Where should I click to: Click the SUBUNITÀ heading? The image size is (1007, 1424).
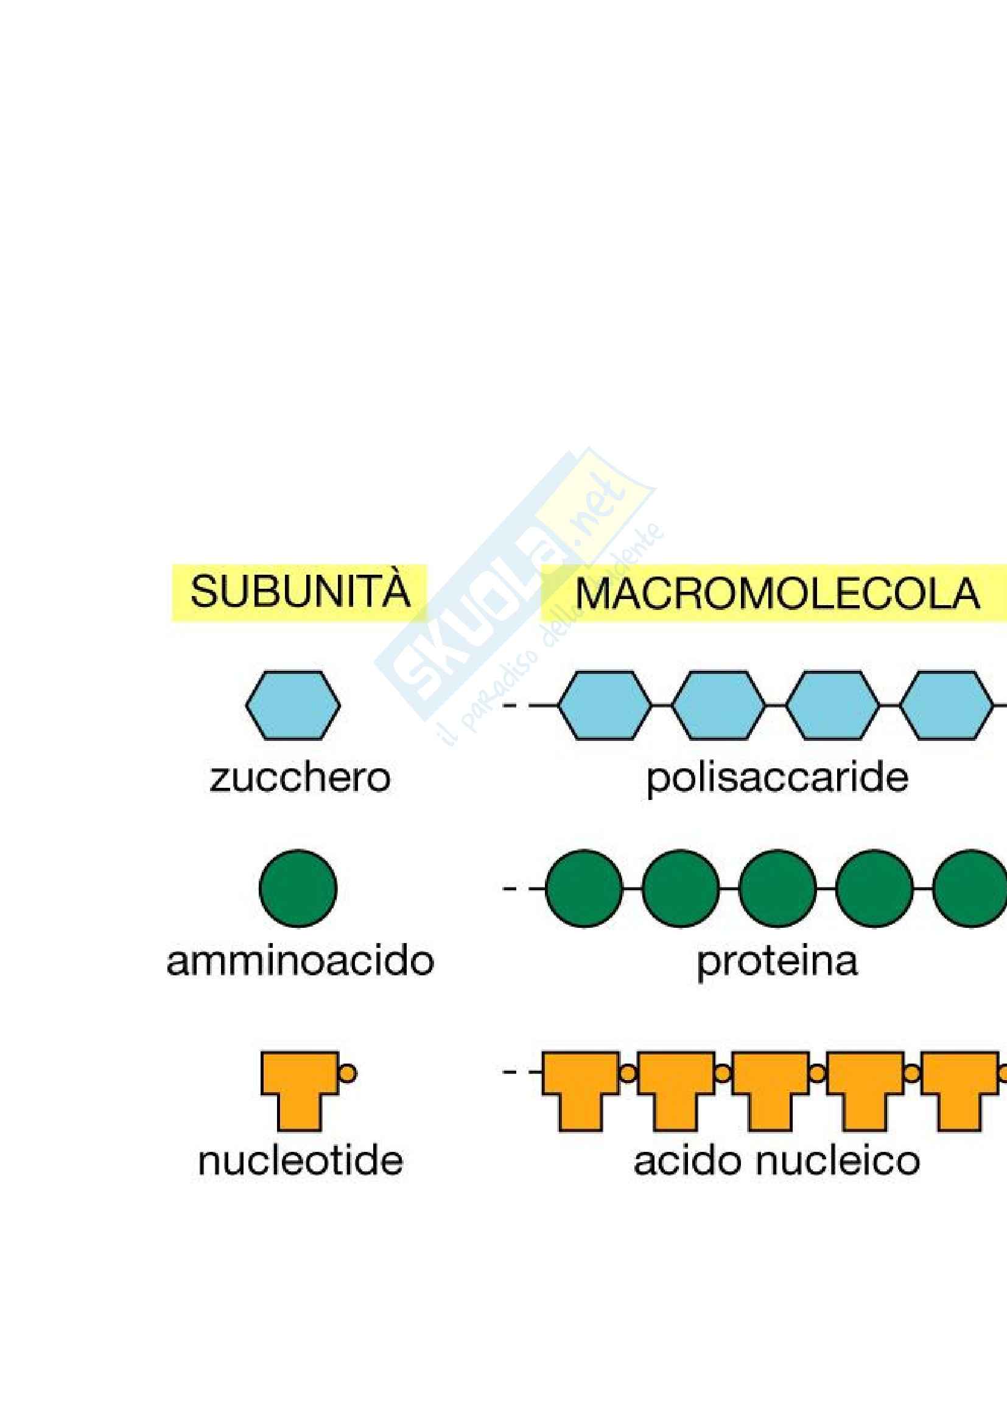300,592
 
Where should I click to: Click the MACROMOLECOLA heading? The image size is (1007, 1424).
777,594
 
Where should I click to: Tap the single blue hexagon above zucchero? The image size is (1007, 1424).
293,705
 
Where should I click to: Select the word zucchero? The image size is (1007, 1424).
300,777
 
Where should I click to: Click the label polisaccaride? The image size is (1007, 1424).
777,777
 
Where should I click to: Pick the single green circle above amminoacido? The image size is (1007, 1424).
298,889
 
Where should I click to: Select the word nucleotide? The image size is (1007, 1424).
300,1160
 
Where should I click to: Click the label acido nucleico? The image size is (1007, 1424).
776,1160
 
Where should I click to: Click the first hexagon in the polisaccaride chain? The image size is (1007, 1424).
605,705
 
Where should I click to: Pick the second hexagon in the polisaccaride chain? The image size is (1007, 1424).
718,705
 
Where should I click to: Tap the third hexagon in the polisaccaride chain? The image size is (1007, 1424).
833,705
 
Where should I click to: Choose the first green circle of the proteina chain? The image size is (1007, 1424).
584,889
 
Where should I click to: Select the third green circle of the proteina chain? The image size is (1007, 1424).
777,889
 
